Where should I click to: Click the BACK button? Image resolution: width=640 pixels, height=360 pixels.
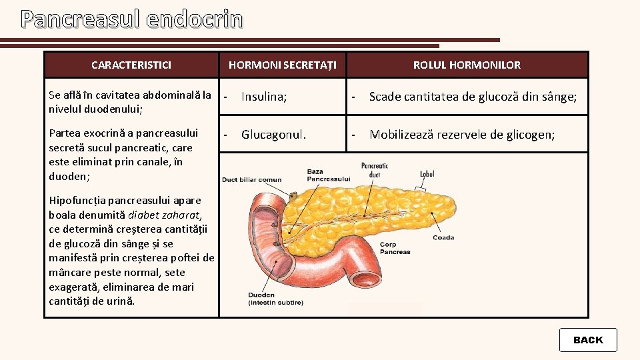[x=588, y=340]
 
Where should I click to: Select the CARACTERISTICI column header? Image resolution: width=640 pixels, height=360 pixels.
[x=131, y=65]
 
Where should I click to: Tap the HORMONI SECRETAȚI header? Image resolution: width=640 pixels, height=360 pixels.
[x=283, y=65]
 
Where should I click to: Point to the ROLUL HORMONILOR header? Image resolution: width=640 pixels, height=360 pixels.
[x=467, y=65]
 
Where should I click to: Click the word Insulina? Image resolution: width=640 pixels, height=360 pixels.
[x=264, y=97]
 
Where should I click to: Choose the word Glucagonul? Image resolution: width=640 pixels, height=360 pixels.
[x=273, y=135]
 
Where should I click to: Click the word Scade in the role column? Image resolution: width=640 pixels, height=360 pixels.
[x=385, y=97]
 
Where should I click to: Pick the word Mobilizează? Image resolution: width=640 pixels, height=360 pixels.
[x=403, y=135]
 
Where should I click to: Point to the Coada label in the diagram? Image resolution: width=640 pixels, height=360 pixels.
[x=443, y=237]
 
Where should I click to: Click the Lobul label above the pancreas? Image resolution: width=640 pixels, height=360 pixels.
[x=427, y=174]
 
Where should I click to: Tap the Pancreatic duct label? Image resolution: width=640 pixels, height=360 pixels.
[x=375, y=170]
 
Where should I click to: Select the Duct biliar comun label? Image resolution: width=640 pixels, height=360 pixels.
[x=251, y=179]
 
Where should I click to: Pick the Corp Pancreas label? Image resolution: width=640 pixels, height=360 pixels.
[x=395, y=248]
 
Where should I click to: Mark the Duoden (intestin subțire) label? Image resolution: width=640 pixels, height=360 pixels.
[x=275, y=299]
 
